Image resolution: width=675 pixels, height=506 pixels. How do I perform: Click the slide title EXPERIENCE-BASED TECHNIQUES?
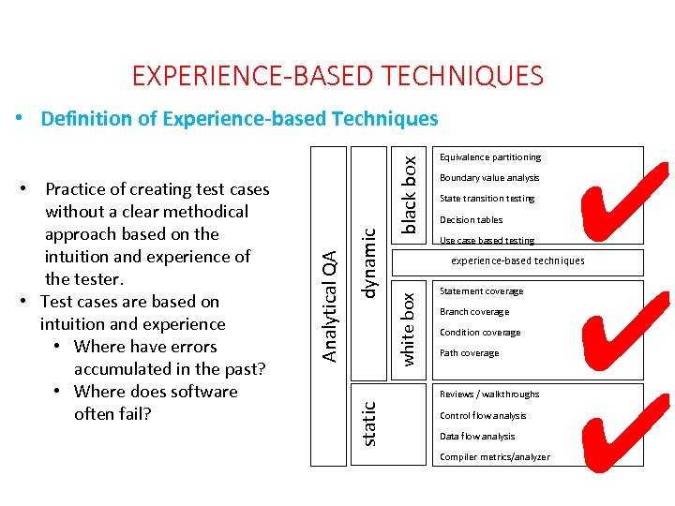point(337,75)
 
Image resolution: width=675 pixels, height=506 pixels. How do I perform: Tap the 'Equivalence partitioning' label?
point(490,157)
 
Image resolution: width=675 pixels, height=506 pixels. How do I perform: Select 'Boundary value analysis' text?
point(489,178)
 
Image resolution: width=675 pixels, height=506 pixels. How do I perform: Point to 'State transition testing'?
point(487,199)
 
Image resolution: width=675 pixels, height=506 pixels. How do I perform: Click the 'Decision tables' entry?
point(471,220)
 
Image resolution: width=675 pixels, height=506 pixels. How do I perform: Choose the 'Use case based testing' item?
point(487,241)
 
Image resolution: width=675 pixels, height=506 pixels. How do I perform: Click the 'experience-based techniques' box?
point(517,261)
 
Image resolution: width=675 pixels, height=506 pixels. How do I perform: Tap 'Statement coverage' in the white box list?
point(481,291)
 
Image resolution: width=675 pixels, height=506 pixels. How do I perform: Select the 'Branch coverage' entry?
point(474,312)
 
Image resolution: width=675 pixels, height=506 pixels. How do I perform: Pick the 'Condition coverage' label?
point(480,333)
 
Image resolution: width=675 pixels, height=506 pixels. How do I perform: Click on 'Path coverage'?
point(469,353)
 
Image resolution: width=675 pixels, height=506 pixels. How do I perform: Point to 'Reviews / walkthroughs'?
point(489,394)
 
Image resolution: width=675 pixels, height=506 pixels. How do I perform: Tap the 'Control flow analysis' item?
point(483,416)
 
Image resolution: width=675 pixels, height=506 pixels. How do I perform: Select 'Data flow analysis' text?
point(477,437)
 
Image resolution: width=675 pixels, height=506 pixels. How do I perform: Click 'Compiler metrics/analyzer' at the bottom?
point(494,457)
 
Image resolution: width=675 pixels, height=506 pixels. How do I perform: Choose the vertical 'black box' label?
point(409,194)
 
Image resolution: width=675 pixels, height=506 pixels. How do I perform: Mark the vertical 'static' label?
point(369,424)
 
